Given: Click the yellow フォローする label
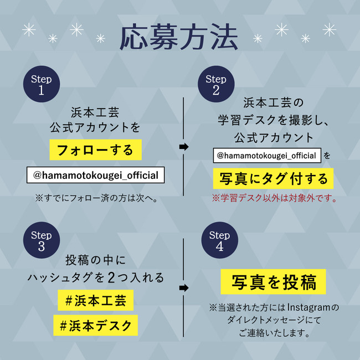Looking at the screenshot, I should pos(95,150).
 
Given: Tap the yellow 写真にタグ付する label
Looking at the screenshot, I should pos(274,178).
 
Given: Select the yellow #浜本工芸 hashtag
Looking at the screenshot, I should pos(95,301).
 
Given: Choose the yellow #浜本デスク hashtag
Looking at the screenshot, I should pos(95,325).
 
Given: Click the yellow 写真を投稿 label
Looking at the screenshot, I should pos(273,282).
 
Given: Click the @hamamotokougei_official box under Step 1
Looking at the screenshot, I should pos(95,176).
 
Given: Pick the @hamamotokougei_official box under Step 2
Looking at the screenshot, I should pos(266,156).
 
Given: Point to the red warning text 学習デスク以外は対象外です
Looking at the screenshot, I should pos(274,198).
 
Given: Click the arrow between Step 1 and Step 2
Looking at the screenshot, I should pos(184,147).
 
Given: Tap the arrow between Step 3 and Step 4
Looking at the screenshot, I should pos(184,288).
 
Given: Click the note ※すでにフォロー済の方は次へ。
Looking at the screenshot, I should pos(95,198).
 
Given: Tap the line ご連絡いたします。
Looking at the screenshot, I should pos(274,333).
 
